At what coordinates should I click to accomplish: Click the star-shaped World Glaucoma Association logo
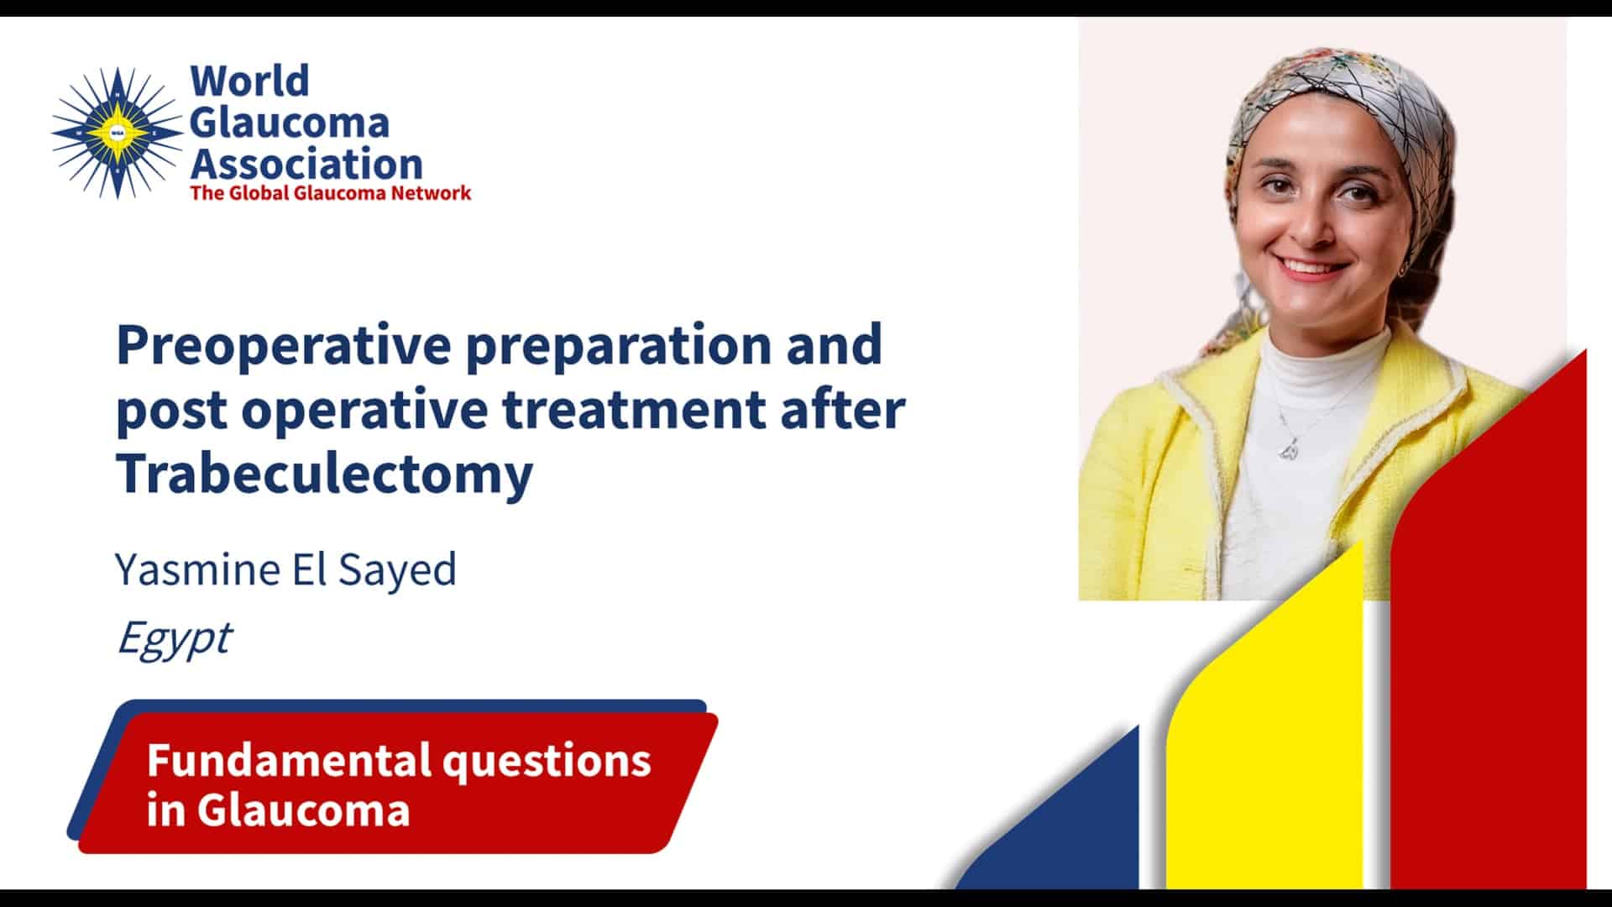[118, 134]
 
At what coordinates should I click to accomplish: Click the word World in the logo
[249, 81]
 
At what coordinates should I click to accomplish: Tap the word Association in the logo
[306, 164]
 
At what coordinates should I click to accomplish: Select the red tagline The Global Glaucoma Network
[331, 193]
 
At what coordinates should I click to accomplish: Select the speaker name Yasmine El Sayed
[285, 569]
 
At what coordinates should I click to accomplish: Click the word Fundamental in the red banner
[288, 760]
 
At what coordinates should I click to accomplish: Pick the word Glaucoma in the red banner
[303, 810]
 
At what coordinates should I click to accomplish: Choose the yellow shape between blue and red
[1268, 739]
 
